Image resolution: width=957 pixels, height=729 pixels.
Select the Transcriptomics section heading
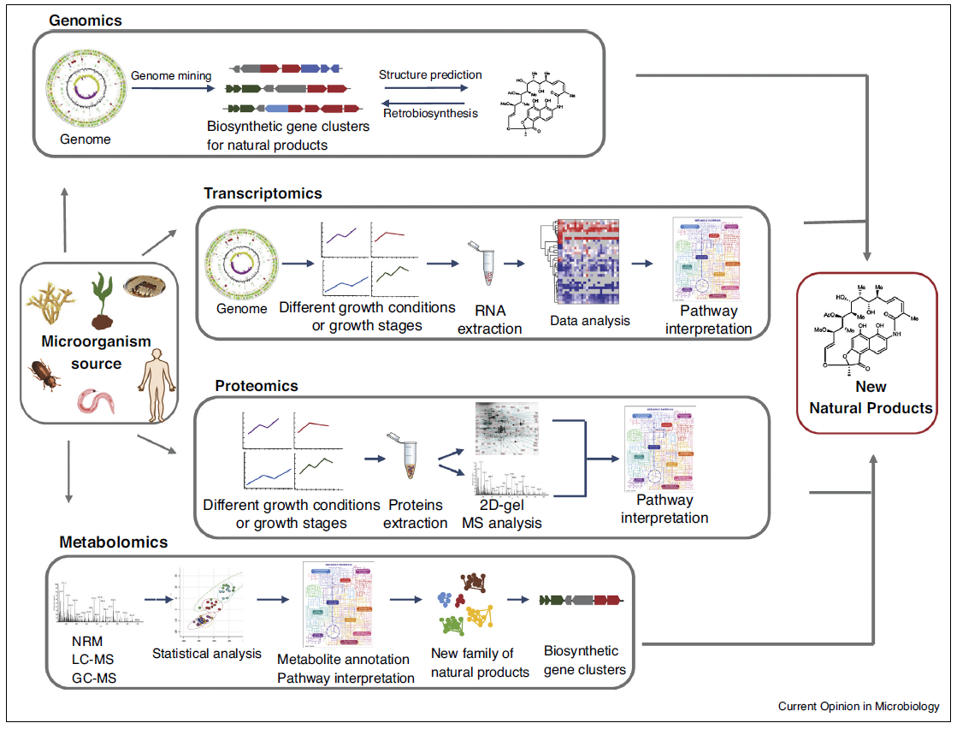tap(263, 193)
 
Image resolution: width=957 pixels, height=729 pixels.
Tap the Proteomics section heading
tap(257, 386)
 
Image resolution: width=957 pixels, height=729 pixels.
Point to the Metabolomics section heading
tap(114, 542)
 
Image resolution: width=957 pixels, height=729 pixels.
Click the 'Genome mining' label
tap(171, 76)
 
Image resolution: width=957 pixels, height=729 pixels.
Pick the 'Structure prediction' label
tap(430, 74)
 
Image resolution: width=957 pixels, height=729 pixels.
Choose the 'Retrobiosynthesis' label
tap(430, 113)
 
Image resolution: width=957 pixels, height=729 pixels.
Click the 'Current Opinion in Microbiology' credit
tap(858, 707)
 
